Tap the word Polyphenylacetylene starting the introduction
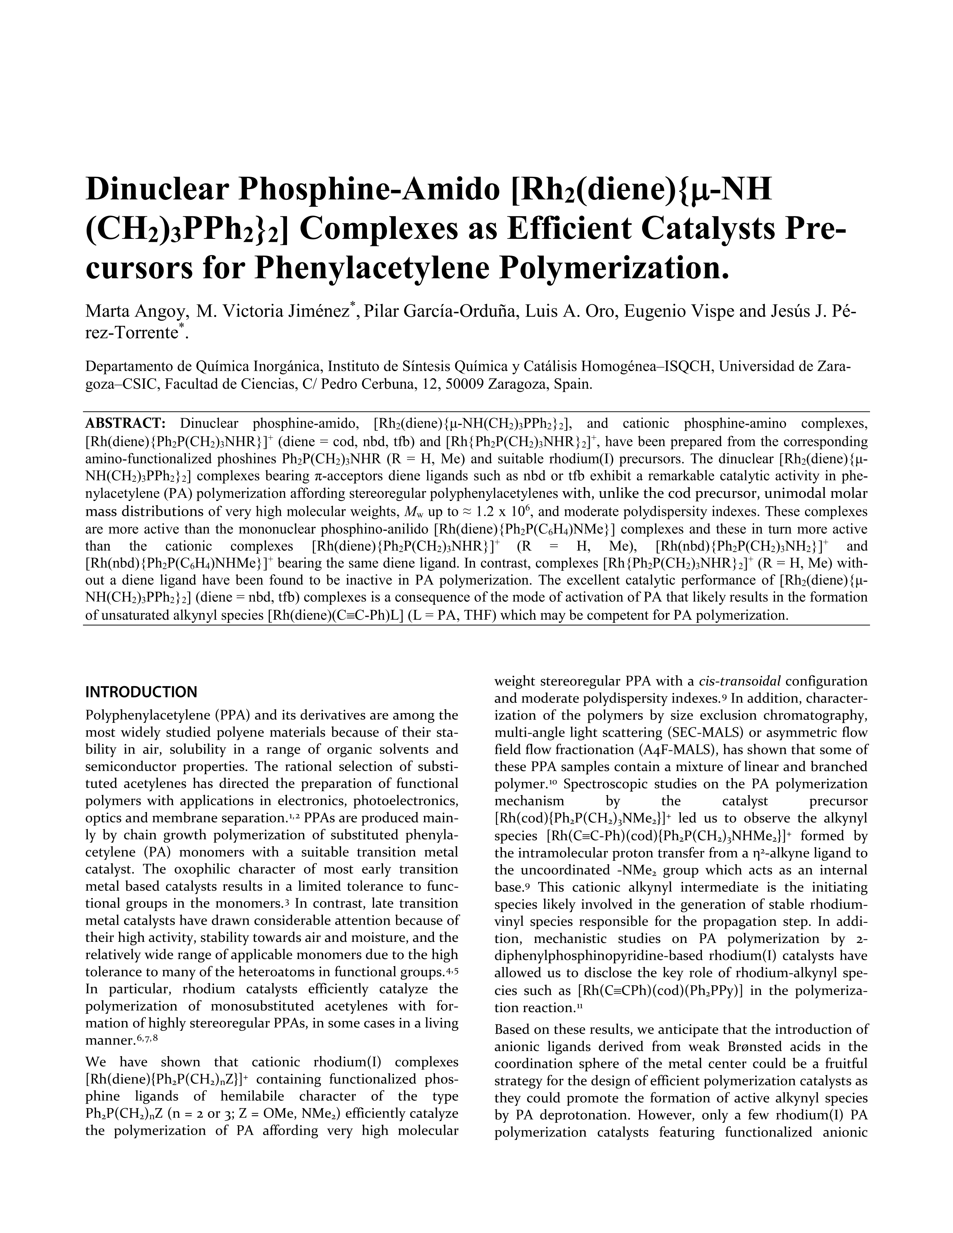[147, 715]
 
